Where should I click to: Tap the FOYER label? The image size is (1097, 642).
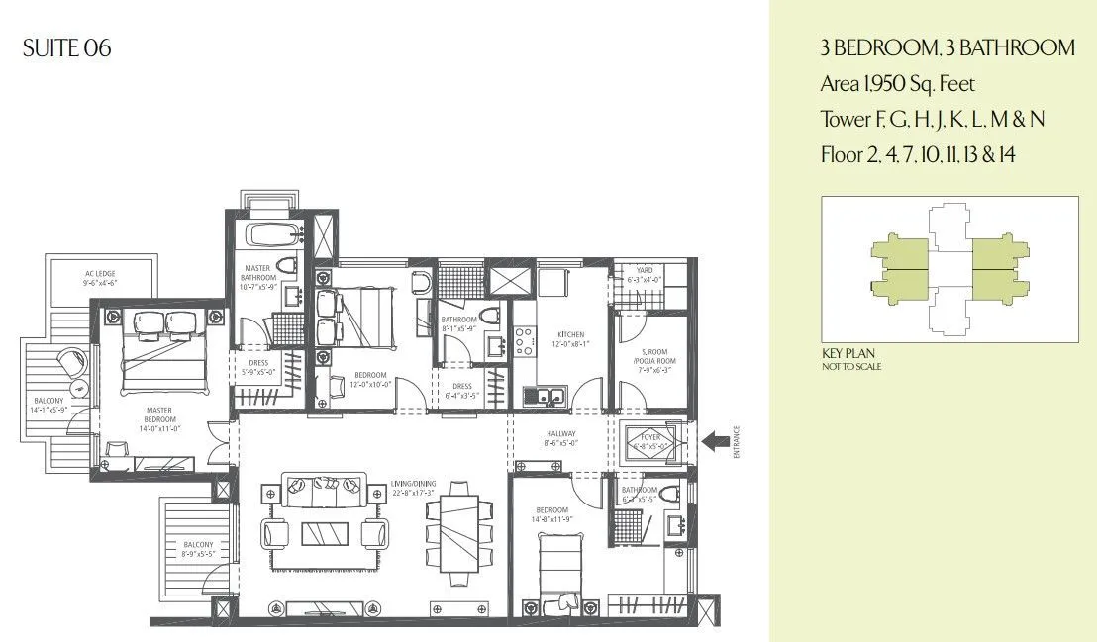[x=652, y=434]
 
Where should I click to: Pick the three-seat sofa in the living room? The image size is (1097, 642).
[x=325, y=486]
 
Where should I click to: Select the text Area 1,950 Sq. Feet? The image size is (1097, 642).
[x=897, y=84]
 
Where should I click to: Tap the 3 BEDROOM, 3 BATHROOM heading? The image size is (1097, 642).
[x=947, y=47]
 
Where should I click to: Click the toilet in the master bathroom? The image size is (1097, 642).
[x=287, y=265]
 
